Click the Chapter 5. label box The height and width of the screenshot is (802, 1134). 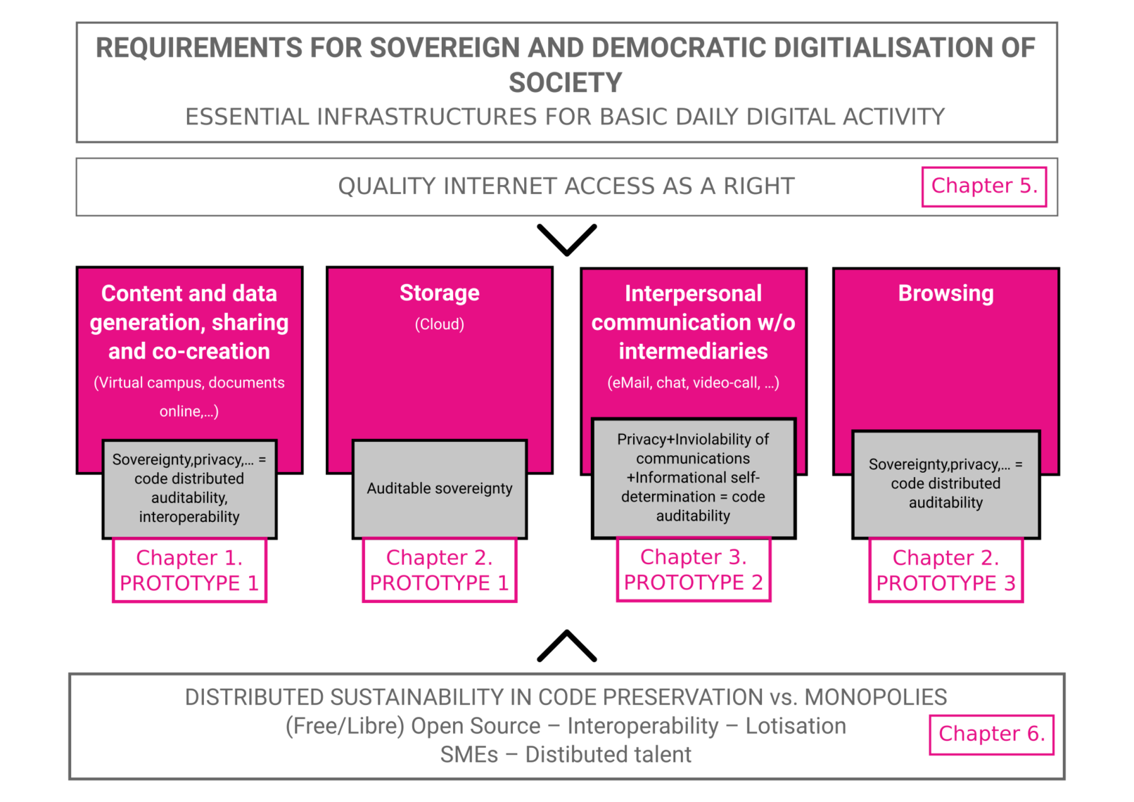(983, 186)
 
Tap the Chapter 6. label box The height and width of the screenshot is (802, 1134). (990, 734)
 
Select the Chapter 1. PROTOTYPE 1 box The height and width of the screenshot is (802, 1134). (189, 571)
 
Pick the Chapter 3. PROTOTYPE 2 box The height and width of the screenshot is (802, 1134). (693, 570)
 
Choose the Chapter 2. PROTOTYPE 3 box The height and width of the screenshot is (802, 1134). (945, 571)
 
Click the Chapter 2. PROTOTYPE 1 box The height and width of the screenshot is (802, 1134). (439, 571)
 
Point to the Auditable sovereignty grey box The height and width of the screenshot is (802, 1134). (439, 488)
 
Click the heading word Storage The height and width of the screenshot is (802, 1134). (439, 293)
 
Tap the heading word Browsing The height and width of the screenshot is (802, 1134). (945, 293)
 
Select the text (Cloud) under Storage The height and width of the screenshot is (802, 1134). (439, 324)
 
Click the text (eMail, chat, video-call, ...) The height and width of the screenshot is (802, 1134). (693, 383)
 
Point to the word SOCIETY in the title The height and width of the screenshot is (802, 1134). (566, 83)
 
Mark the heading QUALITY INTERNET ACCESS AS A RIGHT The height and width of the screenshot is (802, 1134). (566, 186)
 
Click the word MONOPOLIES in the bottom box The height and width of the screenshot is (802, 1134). (876, 697)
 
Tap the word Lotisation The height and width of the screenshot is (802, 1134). (796, 726)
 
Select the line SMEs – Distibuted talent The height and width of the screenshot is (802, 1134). (566, 755)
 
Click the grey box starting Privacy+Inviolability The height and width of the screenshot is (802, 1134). (693, 477)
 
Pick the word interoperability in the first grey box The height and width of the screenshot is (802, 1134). (189, 517)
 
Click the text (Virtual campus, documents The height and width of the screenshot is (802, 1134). (189, 383)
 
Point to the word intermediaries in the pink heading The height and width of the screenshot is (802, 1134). (693, 351)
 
